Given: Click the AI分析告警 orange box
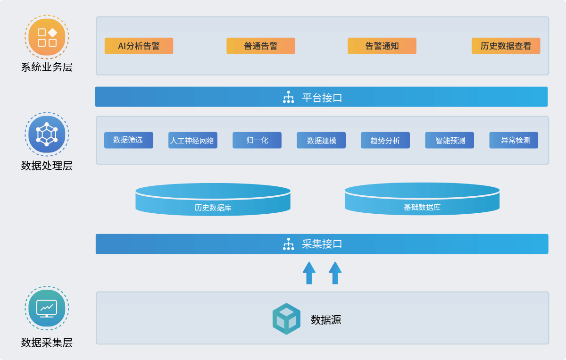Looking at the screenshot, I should point(139,46).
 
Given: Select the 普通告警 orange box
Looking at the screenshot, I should point(261,46).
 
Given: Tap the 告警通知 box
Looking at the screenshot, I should point(382,46).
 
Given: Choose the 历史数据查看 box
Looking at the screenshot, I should point(506,46).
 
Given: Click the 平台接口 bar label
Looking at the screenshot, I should point(322,97).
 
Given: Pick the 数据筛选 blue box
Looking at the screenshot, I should point(128,140).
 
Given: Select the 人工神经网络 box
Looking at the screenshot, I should point(192,140).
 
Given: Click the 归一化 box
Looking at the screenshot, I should point(257,140).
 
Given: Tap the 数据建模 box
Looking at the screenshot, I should point(321,140).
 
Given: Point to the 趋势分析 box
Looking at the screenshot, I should point(385,140).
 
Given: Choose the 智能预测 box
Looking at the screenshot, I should point(449,140).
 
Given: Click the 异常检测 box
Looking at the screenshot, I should point(514,140).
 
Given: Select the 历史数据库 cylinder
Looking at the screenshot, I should point(213,200).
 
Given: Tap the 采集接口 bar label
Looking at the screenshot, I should point(322,244).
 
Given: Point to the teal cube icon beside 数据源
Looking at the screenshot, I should point(286,319).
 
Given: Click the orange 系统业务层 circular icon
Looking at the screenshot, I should point(47,37).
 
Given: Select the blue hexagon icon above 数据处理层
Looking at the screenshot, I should point(47,134).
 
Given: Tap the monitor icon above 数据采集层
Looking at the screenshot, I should point(47,308).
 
